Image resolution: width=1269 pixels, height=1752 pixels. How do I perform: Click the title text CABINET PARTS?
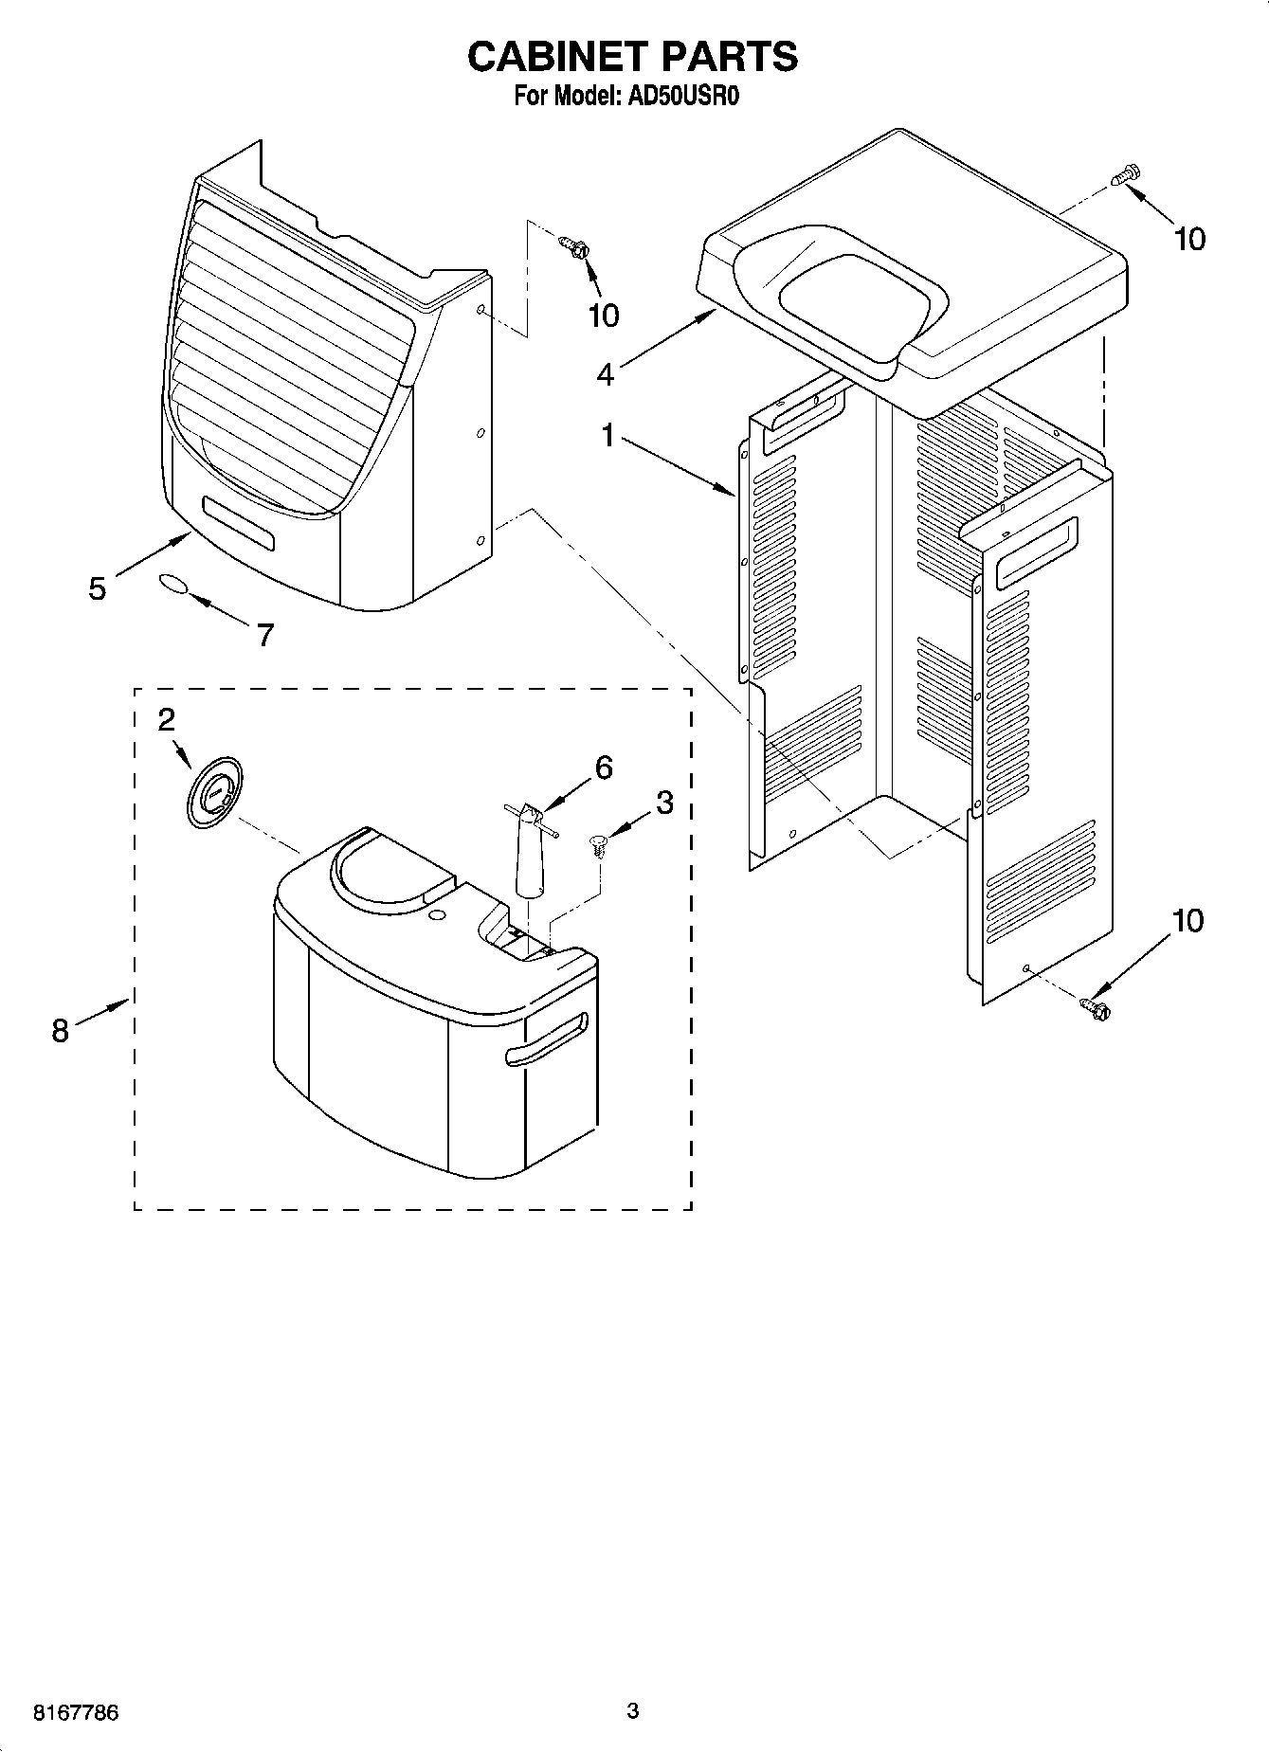point(632,57)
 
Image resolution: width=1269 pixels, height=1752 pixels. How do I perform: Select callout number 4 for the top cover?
point(605,374)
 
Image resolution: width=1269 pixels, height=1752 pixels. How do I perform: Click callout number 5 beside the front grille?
point(97,588)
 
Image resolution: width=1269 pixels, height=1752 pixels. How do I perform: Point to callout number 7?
point(264,634)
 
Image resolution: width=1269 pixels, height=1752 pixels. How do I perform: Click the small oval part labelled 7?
point(172,583)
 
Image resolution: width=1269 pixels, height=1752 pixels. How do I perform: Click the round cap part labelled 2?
point(214,790)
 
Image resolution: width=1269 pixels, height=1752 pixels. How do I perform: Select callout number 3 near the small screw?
point(664,803)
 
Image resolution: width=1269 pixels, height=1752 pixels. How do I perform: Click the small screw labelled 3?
point(598,844)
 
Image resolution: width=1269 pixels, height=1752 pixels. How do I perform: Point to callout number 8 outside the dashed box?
point(60,1030)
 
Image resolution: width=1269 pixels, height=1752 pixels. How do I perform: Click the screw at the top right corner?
point(1128,176)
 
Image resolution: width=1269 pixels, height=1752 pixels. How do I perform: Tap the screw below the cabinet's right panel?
point(1095,1008)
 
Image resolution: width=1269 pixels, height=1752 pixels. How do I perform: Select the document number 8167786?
point(76,1712)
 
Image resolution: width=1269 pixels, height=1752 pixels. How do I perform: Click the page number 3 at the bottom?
point(633,1710)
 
